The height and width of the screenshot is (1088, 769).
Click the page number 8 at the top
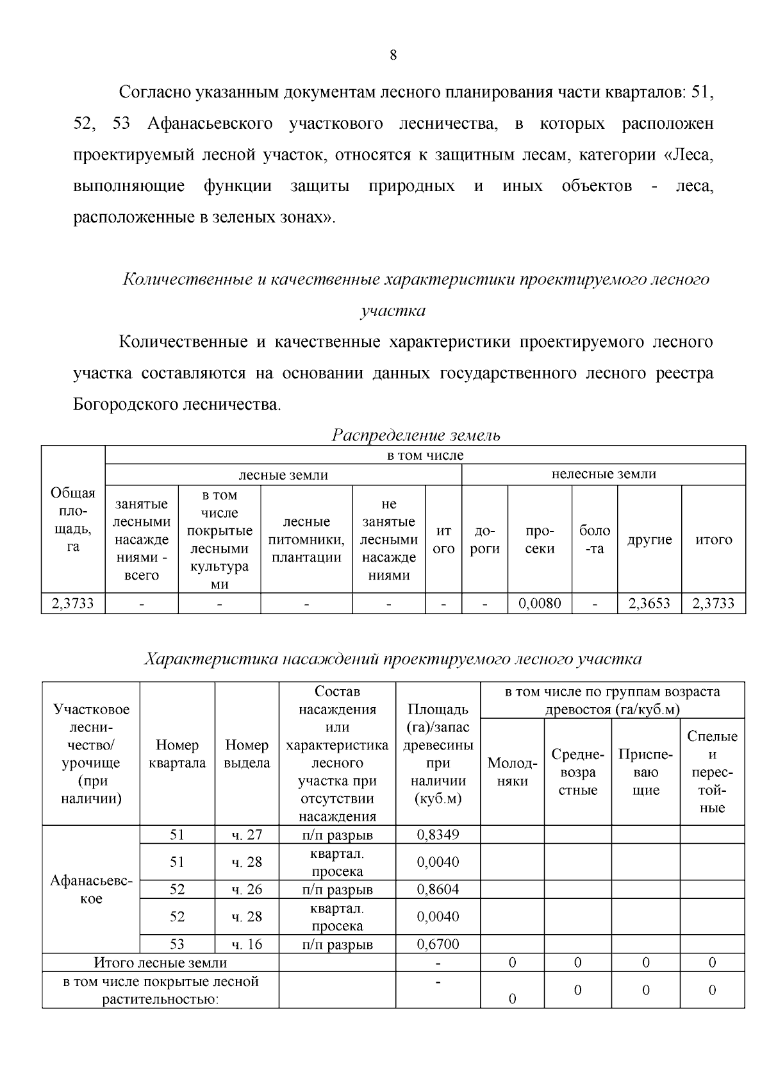(393, 55)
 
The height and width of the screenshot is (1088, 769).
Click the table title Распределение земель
(415, 435)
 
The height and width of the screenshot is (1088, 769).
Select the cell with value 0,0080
(540, 603)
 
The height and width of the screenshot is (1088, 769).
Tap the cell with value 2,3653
(649, 603)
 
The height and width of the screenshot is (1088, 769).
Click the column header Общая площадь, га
(73, 520)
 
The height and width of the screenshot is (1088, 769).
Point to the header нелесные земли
(604, 474)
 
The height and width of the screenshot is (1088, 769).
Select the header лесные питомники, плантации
(306, 539)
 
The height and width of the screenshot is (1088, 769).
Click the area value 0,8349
(438, 835)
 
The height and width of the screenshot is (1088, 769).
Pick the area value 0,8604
(438, 889)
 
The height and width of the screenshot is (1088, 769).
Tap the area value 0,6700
(438, 944)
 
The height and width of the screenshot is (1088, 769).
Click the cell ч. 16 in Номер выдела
(247, 944)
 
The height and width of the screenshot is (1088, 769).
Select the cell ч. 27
(247, 835)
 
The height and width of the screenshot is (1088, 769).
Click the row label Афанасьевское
(91, 889)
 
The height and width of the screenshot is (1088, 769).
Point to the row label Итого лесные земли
(160, 962)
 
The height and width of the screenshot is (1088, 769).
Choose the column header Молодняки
(512, 772)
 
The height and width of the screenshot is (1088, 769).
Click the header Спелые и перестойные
(712, 772)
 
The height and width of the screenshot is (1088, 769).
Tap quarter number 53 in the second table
(177, 944)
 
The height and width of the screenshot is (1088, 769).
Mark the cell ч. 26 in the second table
(247, 889)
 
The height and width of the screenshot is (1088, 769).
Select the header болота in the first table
(595, 539)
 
